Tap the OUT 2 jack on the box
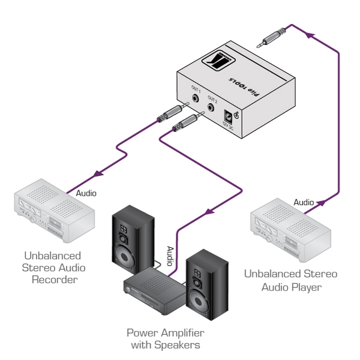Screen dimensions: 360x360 [211, 109]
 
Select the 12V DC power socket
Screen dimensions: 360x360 [228, 117]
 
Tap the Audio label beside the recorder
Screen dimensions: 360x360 [86, 194]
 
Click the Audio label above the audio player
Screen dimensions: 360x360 [303, 202]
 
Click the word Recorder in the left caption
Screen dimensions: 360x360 [59, 280]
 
